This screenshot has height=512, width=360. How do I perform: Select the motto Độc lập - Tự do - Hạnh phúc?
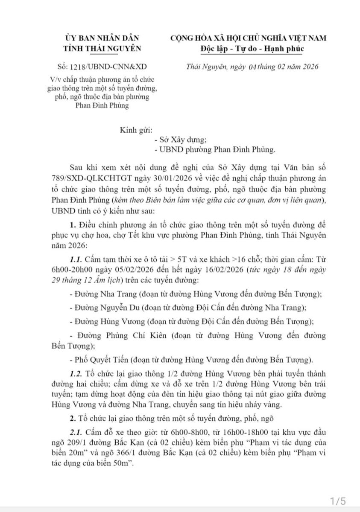point(252,48)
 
